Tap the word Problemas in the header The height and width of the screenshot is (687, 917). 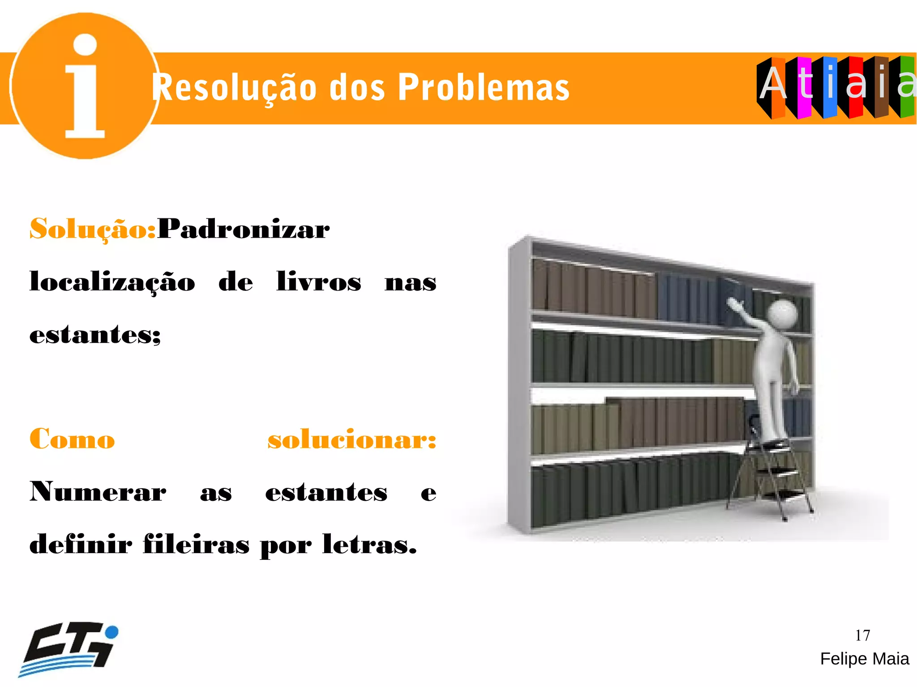[483, 87]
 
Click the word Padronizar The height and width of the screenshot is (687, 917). [244, 229]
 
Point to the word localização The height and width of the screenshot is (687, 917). [112, 282]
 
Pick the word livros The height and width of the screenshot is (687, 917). [318, 282]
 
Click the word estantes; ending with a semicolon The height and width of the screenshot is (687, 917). [95, 335]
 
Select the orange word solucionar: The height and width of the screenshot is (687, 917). [352, 439]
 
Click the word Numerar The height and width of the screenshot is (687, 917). [98, 492]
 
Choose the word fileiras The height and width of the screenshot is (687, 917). [196, 544]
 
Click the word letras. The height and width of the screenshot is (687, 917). [369, 544]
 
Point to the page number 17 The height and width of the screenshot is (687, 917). [862, 635]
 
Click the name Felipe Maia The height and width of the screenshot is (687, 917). [864, 659]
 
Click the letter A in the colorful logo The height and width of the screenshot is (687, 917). [773, 84]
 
